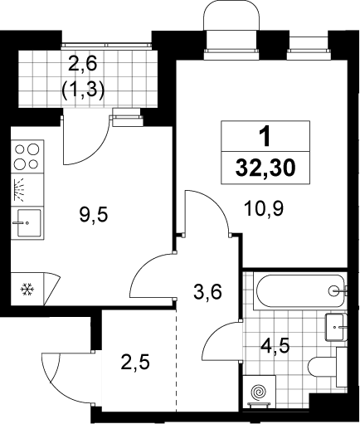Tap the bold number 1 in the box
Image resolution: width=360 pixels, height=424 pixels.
click(x=265, y=137)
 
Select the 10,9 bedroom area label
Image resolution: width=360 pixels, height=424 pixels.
click(x=264, y=208)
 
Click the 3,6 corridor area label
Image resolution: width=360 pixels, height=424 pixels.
click(x=207, y=292)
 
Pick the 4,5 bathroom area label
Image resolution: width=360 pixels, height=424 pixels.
click(x=275, y=346)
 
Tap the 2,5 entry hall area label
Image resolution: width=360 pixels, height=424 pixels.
click(x=135, y=363)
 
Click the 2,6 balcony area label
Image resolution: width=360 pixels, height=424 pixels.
click(x=83, y=64)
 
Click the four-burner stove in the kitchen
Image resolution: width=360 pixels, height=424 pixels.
click(x=27, y=157)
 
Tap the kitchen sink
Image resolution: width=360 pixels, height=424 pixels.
click(x=27, y=223)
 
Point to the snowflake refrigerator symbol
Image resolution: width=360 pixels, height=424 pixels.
click(x=27, y=290)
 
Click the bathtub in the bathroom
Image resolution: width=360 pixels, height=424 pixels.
click(x=300, y=291)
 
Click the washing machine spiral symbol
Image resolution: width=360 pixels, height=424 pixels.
click(x=259, y=392)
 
